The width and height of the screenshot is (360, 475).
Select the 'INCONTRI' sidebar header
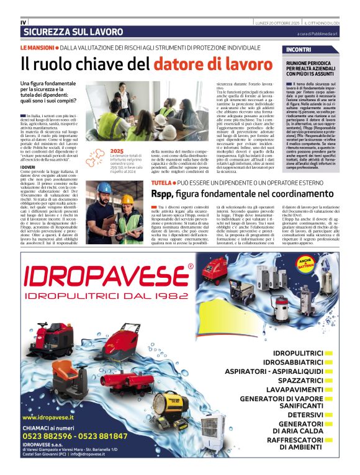(x=299, y=49)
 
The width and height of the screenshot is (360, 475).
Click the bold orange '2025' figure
(x=116, y=151)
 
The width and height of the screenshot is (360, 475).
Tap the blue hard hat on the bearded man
(x=104, y=188)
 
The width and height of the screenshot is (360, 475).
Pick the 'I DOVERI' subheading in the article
(x=28, y=167)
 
